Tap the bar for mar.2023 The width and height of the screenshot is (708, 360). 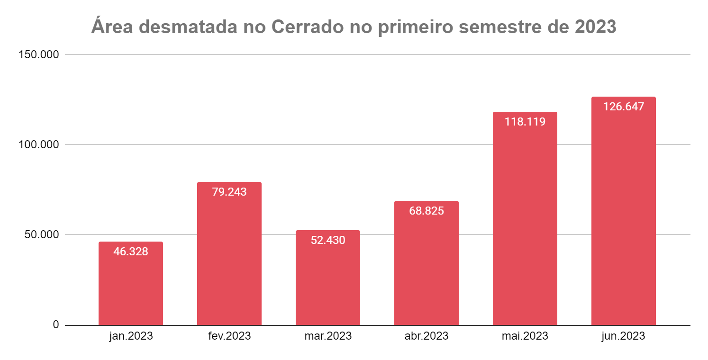[328, 284]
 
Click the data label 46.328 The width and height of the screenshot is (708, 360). [131, 252]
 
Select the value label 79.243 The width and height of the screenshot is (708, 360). [229, 192]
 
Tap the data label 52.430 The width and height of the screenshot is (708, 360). [328, 240]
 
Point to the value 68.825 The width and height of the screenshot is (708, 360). [427, 211]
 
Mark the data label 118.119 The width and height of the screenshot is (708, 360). [525, 122]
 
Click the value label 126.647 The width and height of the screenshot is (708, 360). [624, 107]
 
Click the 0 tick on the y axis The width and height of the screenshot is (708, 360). [55, 325]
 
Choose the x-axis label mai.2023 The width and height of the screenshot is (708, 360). [525, 336]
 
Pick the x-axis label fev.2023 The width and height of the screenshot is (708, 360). [229, 336]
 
